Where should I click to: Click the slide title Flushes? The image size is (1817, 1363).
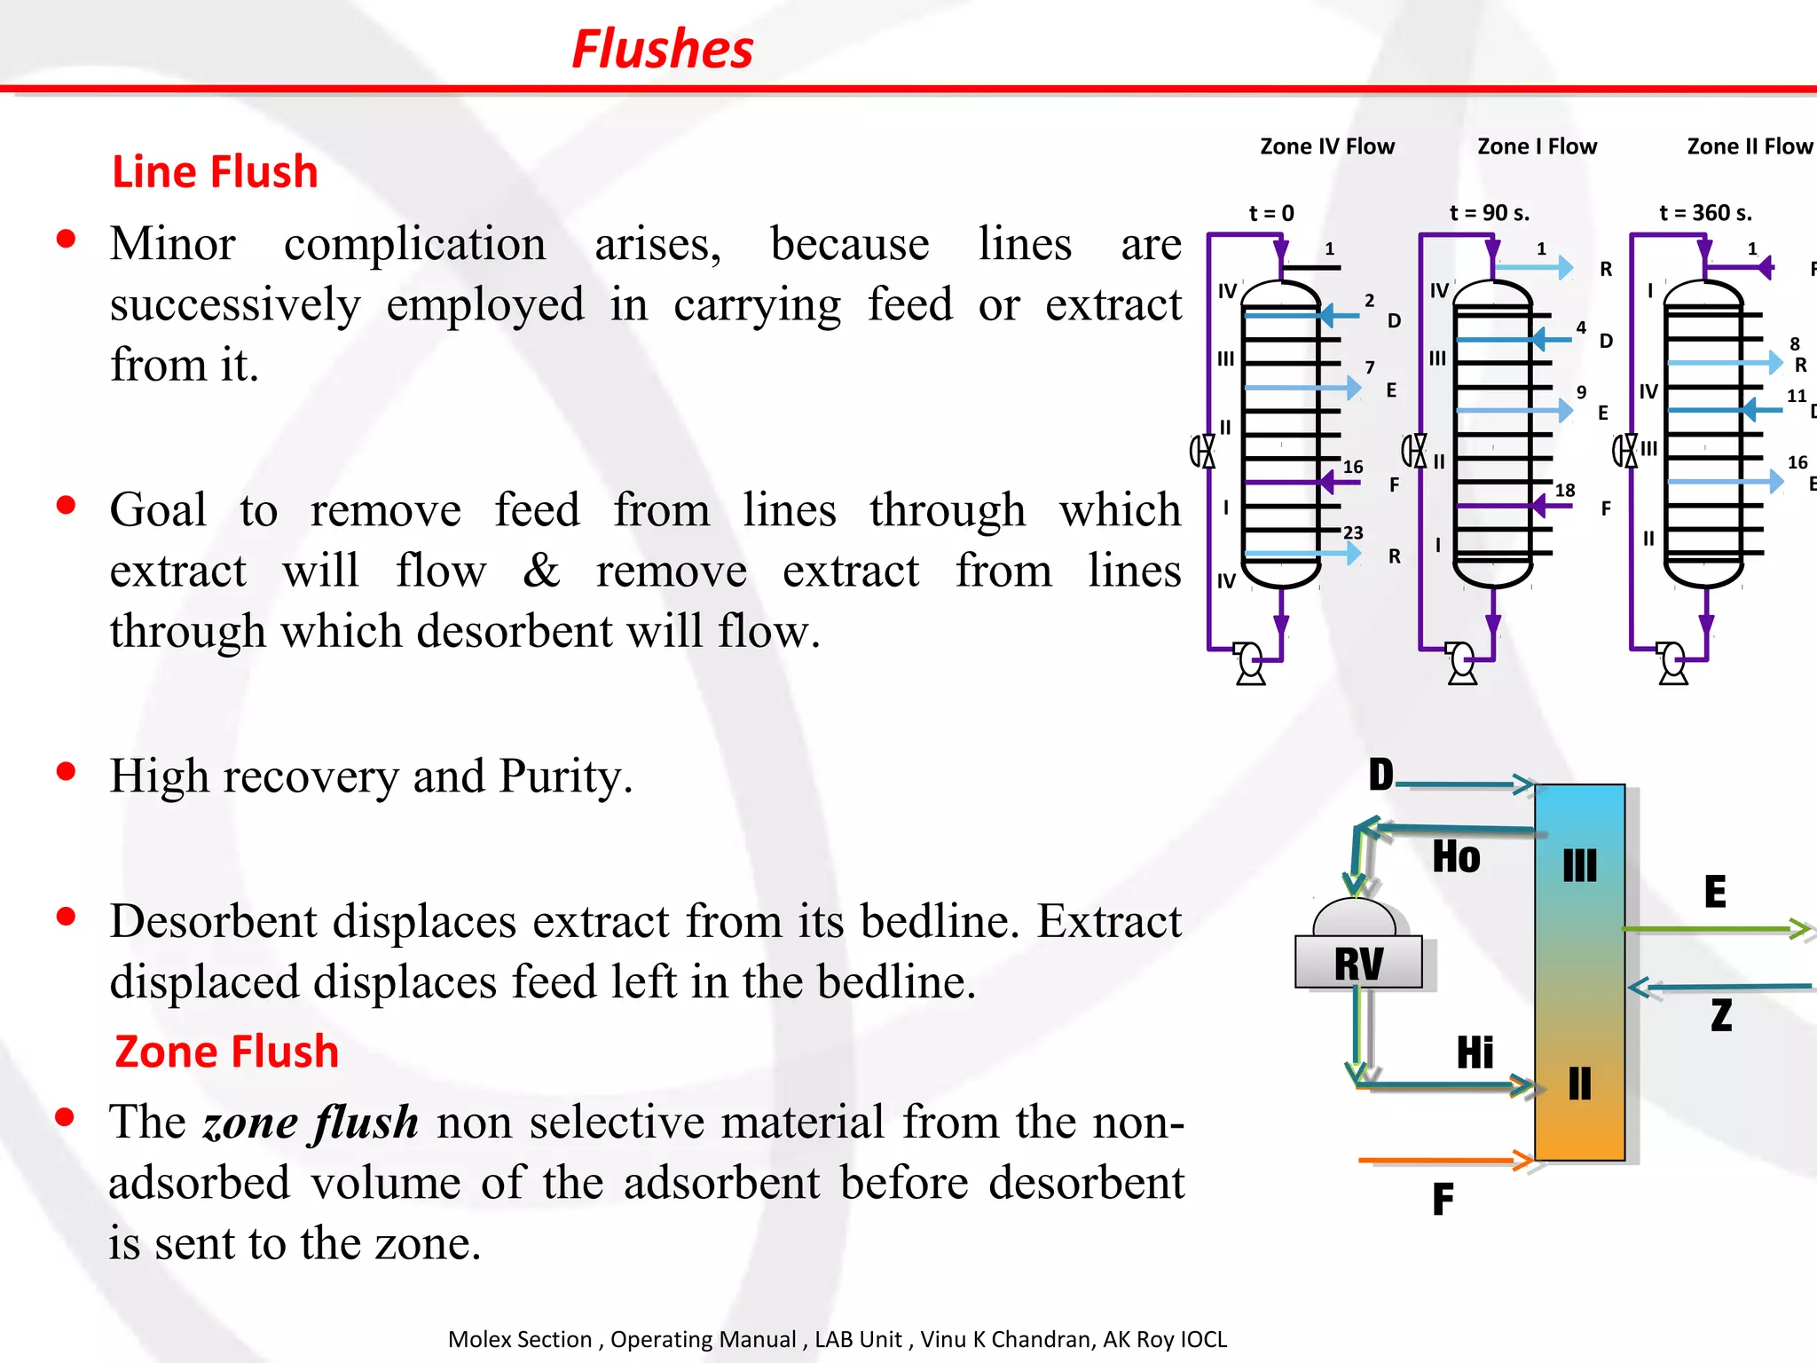click(663, 49)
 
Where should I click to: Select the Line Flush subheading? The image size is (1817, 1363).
click(215, 171)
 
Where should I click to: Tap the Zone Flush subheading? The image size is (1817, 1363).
click(227, 1052)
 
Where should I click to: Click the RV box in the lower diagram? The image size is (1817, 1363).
click(1358, 963)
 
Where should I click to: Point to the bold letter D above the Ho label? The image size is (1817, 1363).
click(1381, 775)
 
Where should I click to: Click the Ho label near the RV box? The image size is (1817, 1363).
click(1456, 857)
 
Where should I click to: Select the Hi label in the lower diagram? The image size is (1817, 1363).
click(1475, 1052)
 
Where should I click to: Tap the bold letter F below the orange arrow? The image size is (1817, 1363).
click(1443, 1200)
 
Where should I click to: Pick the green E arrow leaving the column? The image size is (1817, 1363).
click(1717, 929)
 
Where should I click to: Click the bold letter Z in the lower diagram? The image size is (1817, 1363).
click(1721, 1015)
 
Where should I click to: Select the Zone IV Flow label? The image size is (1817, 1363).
click(1327, 146)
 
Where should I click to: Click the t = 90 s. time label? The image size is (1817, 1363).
click(1490, 213)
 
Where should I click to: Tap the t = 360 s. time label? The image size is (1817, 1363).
click(1706, 213)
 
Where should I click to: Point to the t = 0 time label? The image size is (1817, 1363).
click(1271, 213)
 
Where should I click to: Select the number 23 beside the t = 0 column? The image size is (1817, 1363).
click(1353, 532)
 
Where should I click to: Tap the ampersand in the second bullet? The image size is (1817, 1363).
click(541, 571)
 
